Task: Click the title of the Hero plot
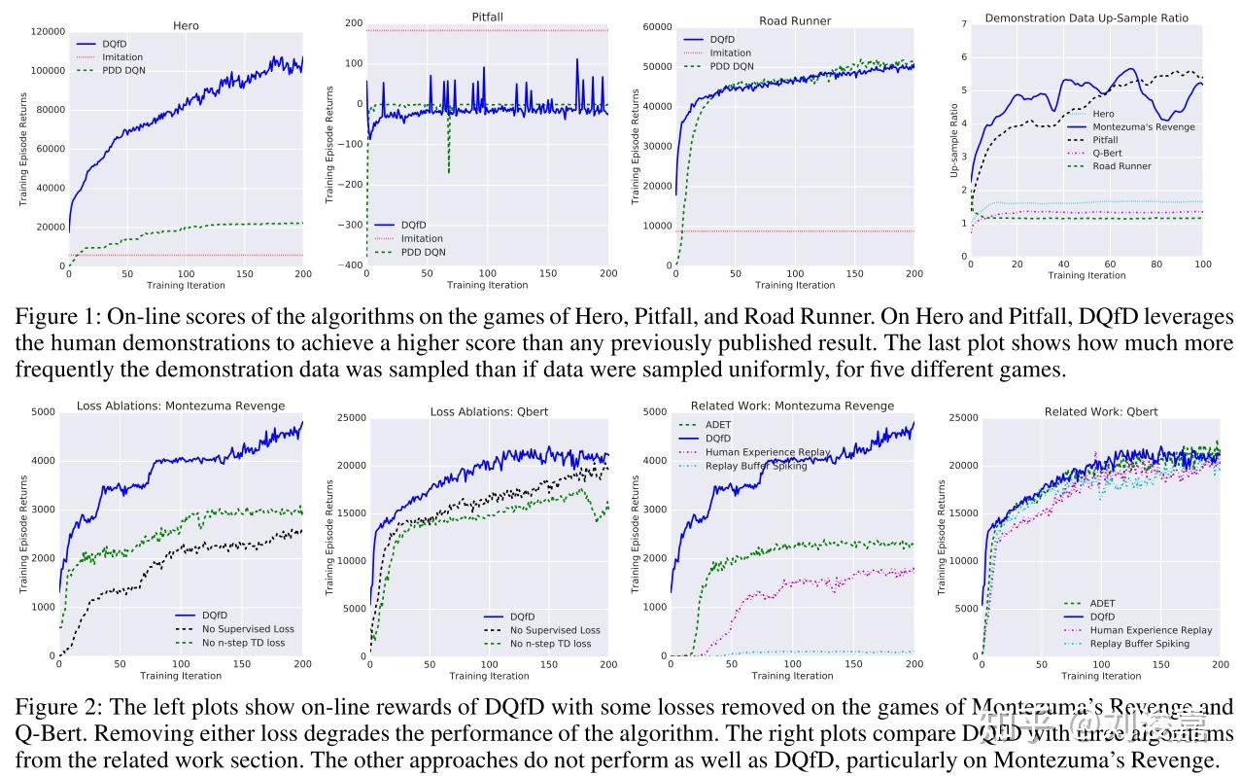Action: pyautogui.click(x=185, y=25)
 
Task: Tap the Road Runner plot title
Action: pyautogui.click(x=794, y=20)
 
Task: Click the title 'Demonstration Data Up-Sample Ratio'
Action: pyautogui.click(x=1086, y=18)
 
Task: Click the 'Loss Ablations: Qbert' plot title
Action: pyautogui.click(x=489, y=411)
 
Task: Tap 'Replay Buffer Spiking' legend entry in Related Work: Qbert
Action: pyautogui.click(x=1139, y=644)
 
